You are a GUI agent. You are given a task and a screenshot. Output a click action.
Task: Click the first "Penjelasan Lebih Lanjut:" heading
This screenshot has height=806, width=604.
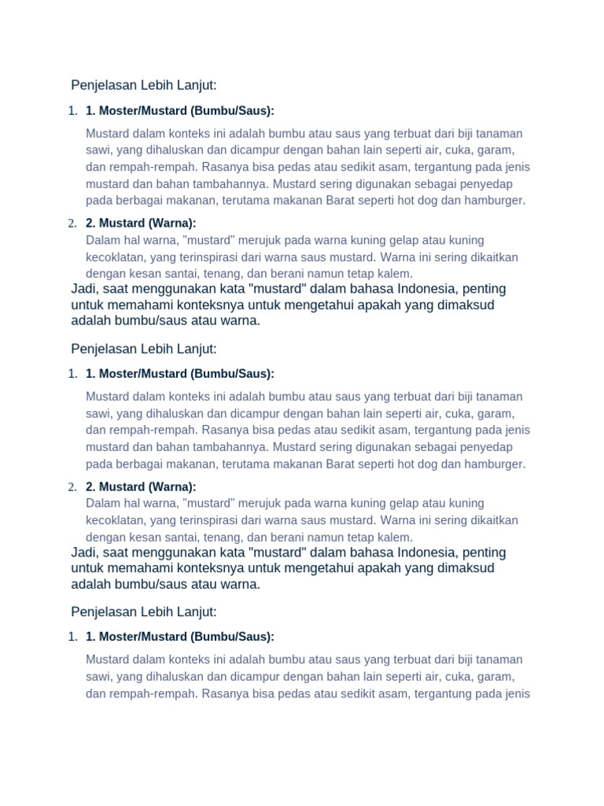click(143, 85)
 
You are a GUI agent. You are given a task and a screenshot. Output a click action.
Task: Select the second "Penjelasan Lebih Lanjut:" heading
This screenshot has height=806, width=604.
click(143, 348)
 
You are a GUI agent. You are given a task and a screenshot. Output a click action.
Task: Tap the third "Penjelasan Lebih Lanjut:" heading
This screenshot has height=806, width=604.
click(143, 612)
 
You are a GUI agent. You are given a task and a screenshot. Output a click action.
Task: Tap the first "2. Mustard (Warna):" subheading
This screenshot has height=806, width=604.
click(141, 224)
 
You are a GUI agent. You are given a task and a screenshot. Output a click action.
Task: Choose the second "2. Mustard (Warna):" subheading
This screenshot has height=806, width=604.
click(141, 486)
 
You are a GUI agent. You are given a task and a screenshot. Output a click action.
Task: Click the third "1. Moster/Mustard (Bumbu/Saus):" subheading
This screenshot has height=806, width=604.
click(180, 636)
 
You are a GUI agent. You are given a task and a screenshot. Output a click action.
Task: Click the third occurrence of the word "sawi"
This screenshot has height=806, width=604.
click(98, 676)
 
